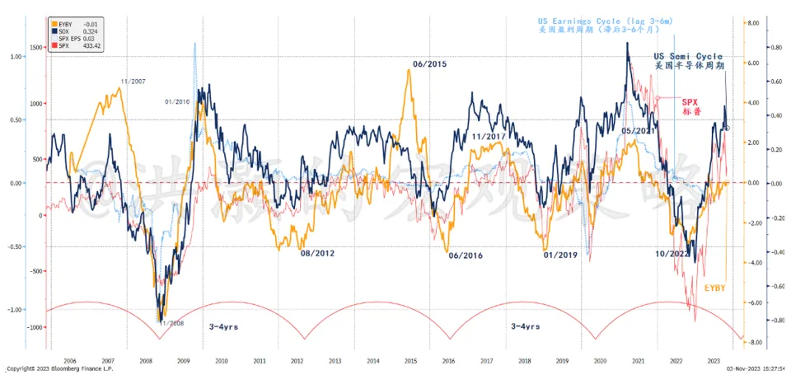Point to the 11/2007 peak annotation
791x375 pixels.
pyautogui.click(x=133, y=82)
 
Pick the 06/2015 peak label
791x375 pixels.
pyautogui.click(x=429, y=63)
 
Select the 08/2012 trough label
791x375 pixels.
pyautogui.click(x=316, y=254)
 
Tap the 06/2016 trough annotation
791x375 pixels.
pyautogui.click(x=466, y=255)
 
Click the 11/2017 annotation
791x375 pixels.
pyautogui.click(x=488, y=136)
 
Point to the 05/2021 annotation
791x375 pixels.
pyautogui.click(x=637, y=130)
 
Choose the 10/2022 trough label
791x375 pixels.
pyautogui.click(x=672, y=254)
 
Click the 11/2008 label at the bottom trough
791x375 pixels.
pyautogui.click(x=173, y=322)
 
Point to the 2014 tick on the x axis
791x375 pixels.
pyautogui.click(x=373, y=361)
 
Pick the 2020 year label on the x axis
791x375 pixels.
pyautogui.click(x=599, y=361)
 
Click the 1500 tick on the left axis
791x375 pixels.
pyautogui.click(x=32, y=48)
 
